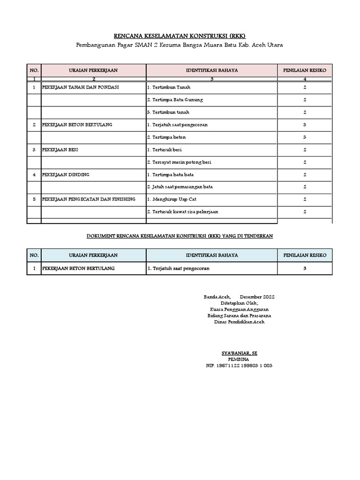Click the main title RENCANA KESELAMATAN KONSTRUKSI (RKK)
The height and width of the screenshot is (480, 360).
[180, 36]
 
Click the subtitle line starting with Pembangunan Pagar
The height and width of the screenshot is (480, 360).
[180, 45]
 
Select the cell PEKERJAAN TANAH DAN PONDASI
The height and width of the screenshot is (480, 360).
[81, 88]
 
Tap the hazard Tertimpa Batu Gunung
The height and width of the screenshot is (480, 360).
[174, 100]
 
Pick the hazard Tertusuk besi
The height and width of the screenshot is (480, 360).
[164, 150]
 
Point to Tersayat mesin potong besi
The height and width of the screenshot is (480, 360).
[179, 162]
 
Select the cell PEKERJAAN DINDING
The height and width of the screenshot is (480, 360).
[66, 174]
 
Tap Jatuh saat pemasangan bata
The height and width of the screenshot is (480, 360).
[180, 187]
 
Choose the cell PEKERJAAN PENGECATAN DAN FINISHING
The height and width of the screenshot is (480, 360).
[89, 199]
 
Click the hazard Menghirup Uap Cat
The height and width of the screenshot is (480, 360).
[171, 199]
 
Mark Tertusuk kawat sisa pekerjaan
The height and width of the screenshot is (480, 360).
[182, 212]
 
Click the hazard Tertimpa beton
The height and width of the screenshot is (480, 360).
[166, 137]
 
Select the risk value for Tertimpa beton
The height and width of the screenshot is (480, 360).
[305, 137]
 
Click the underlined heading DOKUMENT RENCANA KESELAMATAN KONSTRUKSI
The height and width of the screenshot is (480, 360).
[180, 236]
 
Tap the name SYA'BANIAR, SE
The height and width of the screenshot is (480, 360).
[239, 352]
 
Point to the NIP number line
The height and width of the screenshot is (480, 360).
[239, 366]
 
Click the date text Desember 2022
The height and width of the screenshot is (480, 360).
[257, 297]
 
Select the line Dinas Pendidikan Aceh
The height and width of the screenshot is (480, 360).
[239, 322]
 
